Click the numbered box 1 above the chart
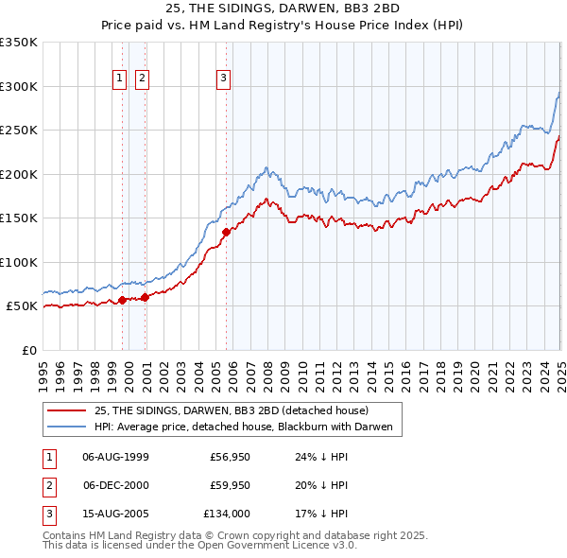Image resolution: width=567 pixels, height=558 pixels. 121,78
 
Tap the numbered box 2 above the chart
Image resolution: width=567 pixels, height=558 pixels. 142,78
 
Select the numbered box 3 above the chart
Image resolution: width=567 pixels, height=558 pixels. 224,78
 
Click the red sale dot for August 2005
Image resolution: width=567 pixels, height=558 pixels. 226,232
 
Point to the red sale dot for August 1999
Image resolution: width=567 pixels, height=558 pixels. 122,300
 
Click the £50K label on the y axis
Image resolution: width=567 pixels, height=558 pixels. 22,306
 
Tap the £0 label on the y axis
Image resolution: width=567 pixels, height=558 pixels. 28,350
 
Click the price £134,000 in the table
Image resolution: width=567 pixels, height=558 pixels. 228,514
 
